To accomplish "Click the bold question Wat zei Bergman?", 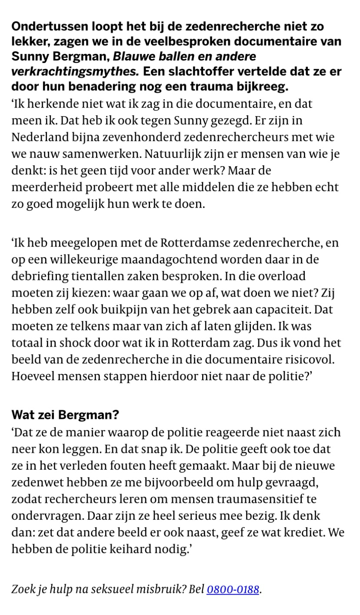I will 65,414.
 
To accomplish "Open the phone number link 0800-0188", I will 233,590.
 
